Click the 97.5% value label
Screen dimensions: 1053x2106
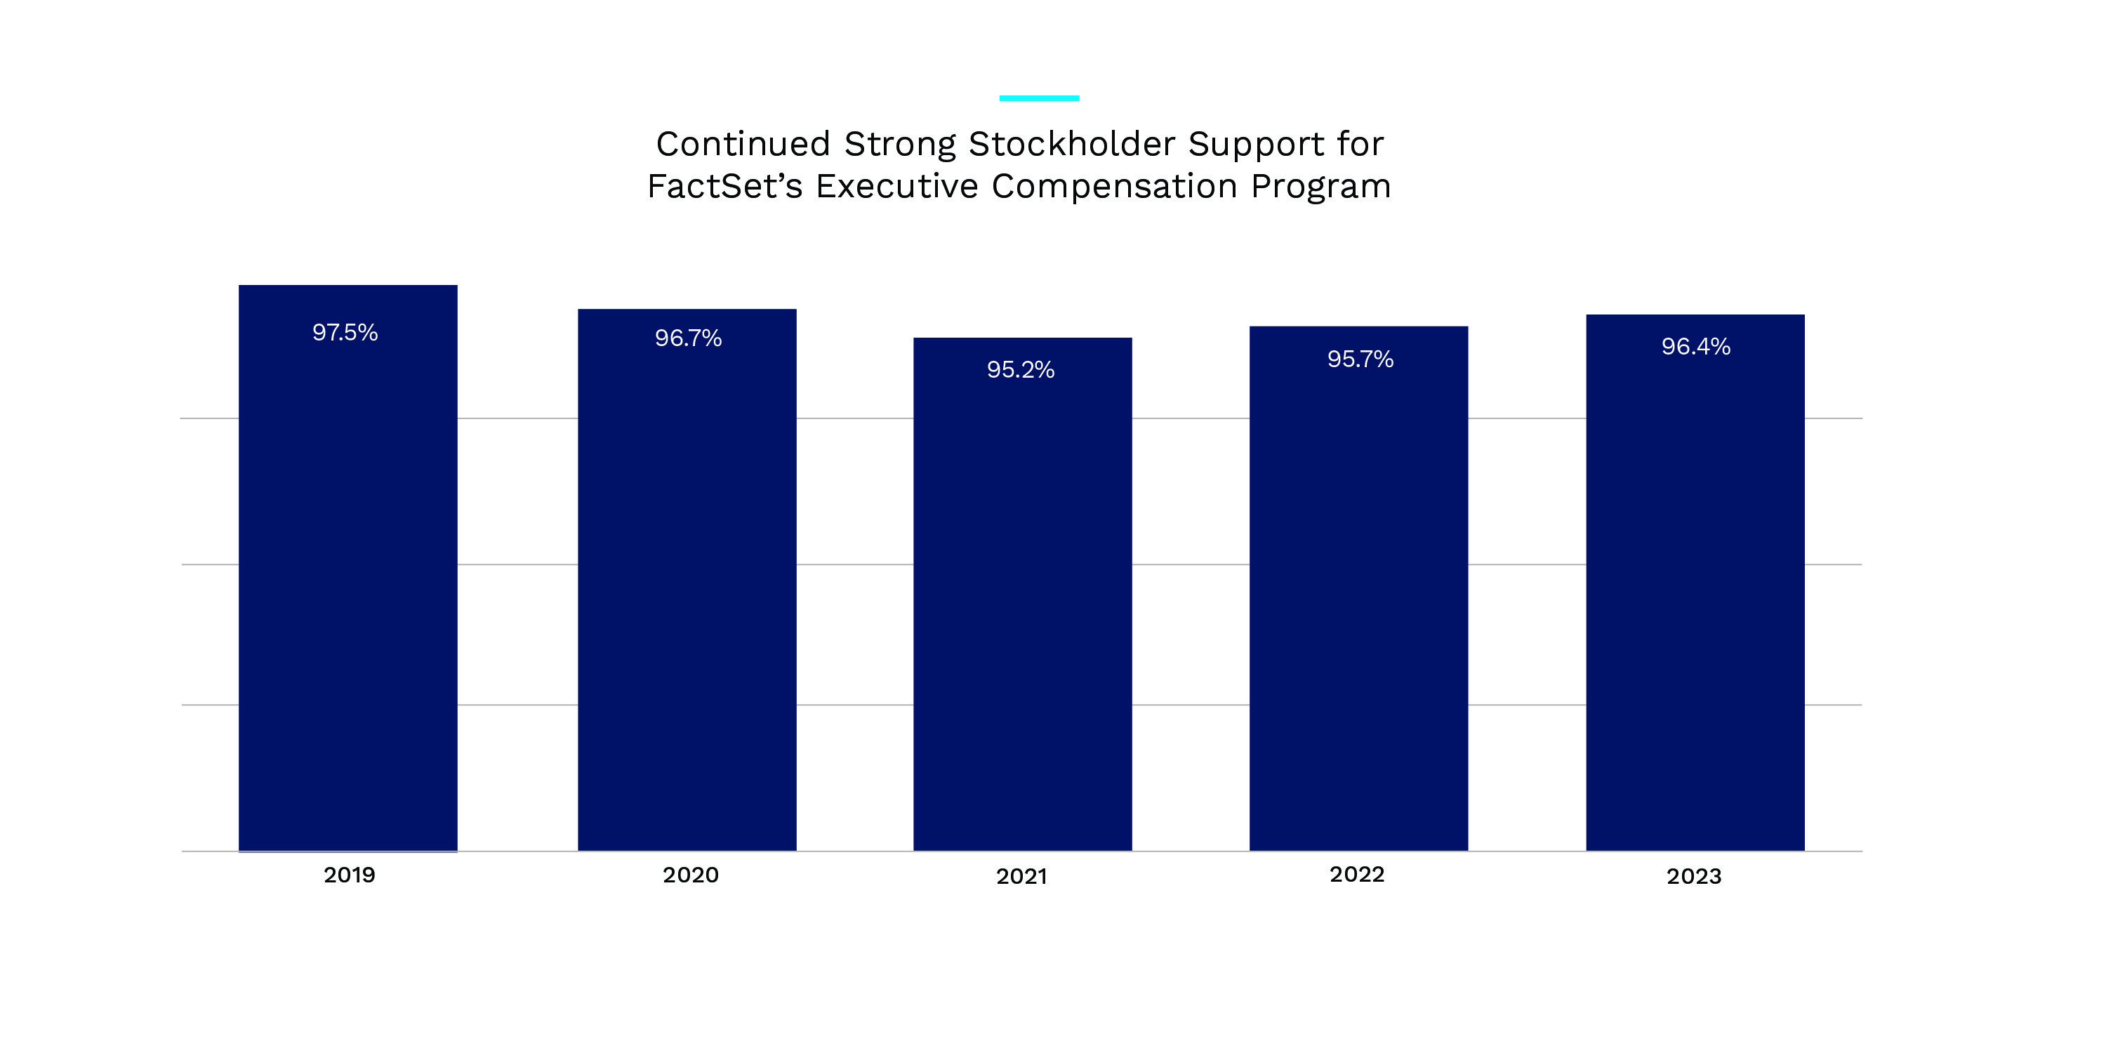[x=345, y=333]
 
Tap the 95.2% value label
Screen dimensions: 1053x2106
[x=1020, y=371]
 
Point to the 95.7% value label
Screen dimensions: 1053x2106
[x=1360, y=359]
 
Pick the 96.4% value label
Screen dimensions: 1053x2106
[x=1695, y=347]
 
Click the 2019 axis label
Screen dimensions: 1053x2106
[x=349, y=875]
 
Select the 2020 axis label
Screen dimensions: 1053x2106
[x=690, y=875]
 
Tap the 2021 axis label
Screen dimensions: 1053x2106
[x=1021, y=877]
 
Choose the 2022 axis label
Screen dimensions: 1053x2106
[x=1356, y=875]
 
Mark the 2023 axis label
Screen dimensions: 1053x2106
[x=1694, y=877]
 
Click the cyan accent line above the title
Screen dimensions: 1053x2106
[x=1038, y=98]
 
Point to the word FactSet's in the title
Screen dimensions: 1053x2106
[x=724, y=187]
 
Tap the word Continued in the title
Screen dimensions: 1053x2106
[x=743, y=145]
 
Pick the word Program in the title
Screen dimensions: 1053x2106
[x=1320, y=188]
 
